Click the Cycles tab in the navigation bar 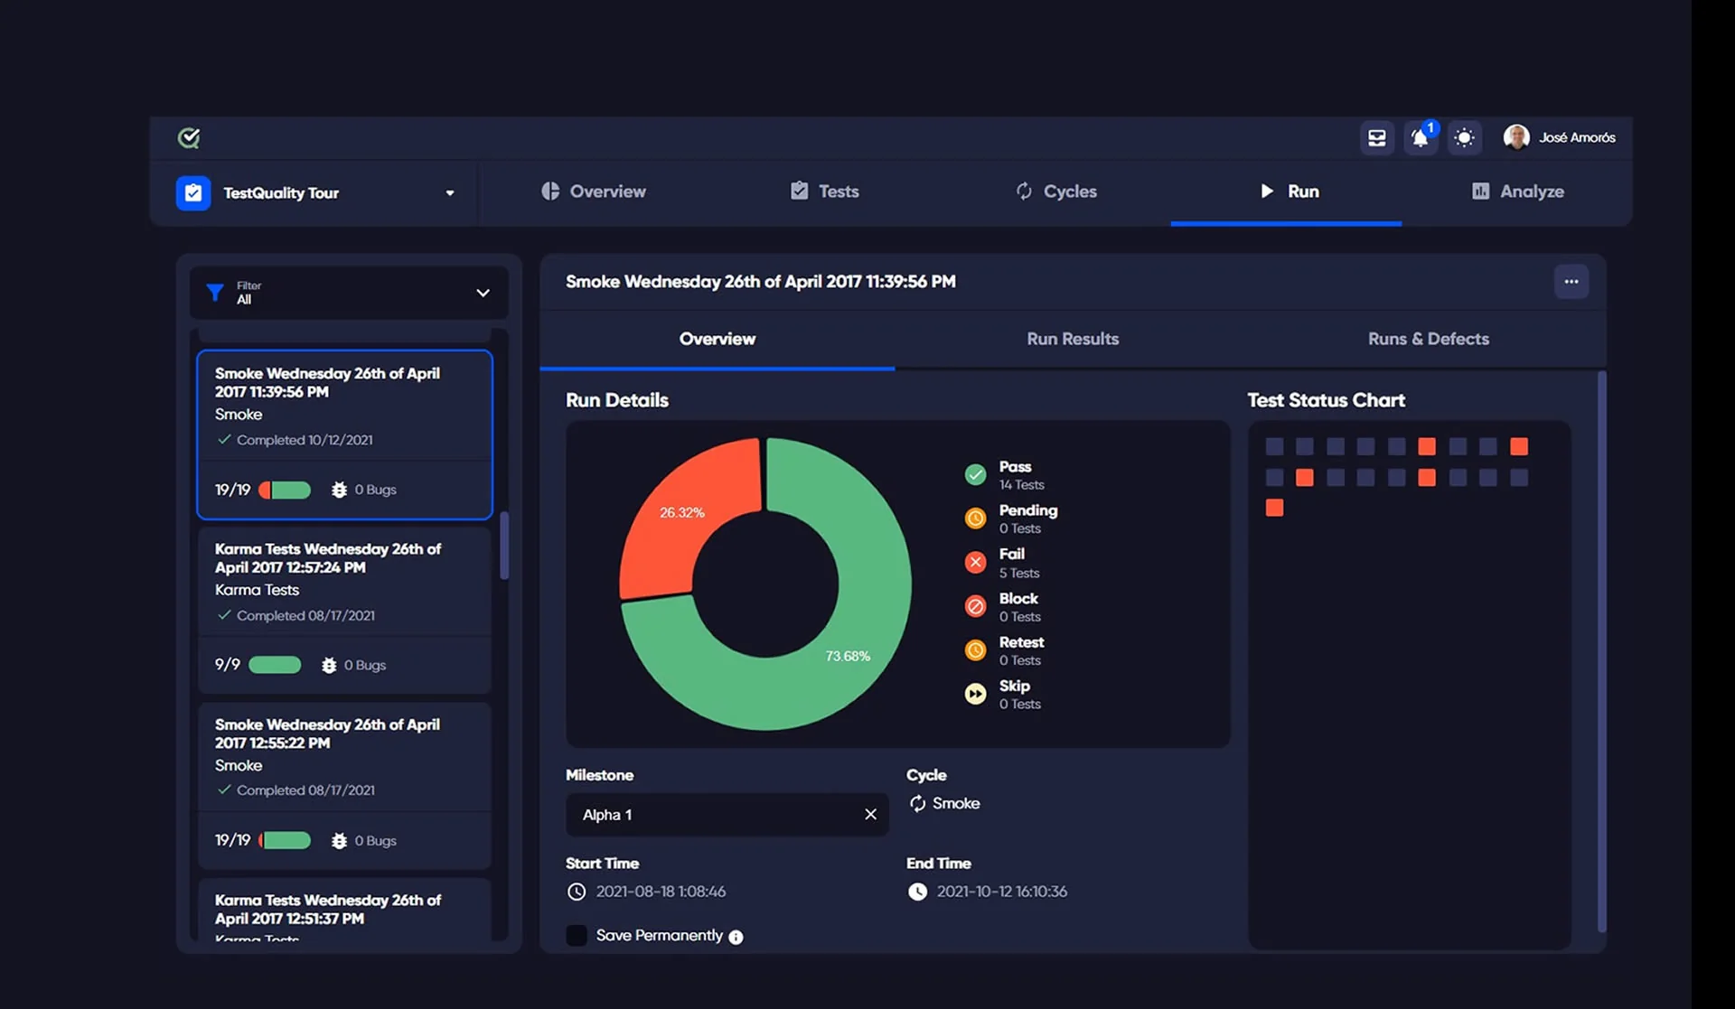point(1056,192)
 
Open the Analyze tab point(1518,192)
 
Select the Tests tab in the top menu point(824,192)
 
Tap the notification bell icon point(1420,138)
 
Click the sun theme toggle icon point(1464,138)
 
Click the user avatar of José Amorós point(1515,137)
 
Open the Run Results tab point(1073,339)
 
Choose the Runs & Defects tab point(1428,339)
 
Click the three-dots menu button point(1571,282)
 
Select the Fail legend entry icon point(975,563)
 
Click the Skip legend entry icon point(975,694)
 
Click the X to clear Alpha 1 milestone point(870,815)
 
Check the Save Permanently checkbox point(577,936)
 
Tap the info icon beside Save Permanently point(736,938)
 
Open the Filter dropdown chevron point(483,293)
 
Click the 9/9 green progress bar point(275,666)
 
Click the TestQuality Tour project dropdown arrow point(449,193)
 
